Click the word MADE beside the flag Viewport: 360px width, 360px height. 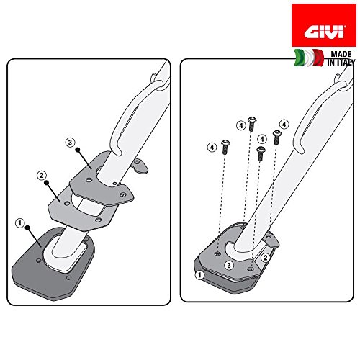(x=333, y=55)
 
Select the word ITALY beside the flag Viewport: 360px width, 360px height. (x=335, y=64)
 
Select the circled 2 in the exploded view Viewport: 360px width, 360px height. (x=42, y=176)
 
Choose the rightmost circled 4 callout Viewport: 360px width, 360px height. (x=284, y=124)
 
